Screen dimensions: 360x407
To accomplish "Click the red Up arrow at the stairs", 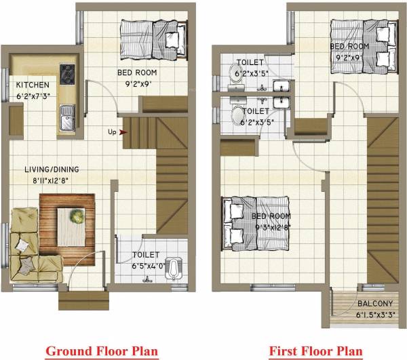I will pos(124,132).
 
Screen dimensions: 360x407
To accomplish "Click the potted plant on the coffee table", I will pos(77,217).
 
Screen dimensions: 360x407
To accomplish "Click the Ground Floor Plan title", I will pos(102,351).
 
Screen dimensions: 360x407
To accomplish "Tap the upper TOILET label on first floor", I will pos(250,62).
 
